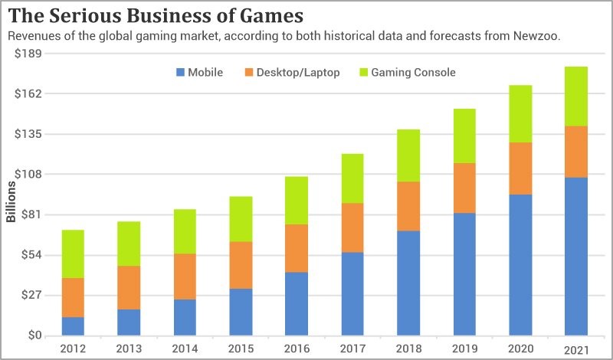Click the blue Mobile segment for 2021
coord(575,257)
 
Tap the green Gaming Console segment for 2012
coord(73,254)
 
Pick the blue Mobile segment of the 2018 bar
coord(408,283)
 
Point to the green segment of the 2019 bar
coord(464,136)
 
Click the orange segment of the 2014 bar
coord(185,277)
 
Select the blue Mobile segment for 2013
coord(129,322)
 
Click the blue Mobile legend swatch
coord(181,73)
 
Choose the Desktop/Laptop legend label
coord(298,73)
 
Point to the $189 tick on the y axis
coord(28,54)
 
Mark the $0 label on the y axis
coord(34,335)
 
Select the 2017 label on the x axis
coord(352,349)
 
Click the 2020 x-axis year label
coord(520,349)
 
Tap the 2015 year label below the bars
coord(241,349)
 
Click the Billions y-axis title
coord(11,202)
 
